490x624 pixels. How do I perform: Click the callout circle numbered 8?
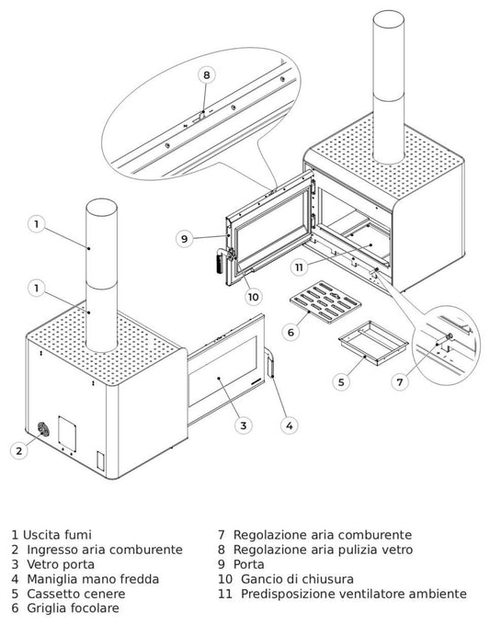point(206,74)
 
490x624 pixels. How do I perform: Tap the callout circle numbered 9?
point(184,239)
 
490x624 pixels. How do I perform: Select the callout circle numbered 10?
point(253,297)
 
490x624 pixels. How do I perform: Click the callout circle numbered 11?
point(299,267)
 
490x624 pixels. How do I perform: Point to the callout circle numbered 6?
point(291,332)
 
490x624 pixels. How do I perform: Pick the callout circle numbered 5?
point(341,382)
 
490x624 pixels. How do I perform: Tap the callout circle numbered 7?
point(400,382)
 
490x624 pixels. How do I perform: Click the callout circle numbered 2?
point(19,451)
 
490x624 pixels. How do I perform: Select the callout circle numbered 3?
point(244,425)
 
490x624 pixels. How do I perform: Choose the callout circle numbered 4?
point(290,425)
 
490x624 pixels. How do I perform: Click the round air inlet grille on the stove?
point(43,429)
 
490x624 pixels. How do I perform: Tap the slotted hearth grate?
point(325,302)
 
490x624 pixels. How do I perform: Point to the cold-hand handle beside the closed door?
point(270,361)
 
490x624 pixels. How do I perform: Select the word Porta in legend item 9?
point(248,564)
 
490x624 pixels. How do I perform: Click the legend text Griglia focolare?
point(73,608)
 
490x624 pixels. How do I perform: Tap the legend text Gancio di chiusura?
point(297,579)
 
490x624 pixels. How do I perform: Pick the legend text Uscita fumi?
point(57,535)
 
